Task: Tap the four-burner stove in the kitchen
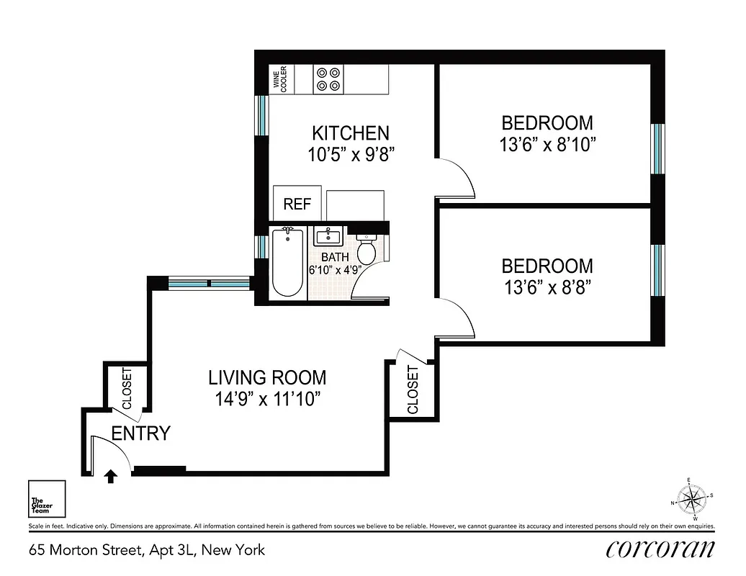(x=328, y=78)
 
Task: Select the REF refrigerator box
(x=297, y=204)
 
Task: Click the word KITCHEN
(x=350, y=133)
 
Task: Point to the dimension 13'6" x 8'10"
(x=547, y=145)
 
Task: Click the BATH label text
(x=335, y=257)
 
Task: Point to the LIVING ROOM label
(x=267, y=377)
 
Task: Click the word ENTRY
(x=141, y=433)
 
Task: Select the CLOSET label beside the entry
(x=127, y=389)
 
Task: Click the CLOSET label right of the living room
(x=413, y=390)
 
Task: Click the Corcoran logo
(x=660, y=549)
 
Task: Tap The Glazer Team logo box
(x=47, y=498)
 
